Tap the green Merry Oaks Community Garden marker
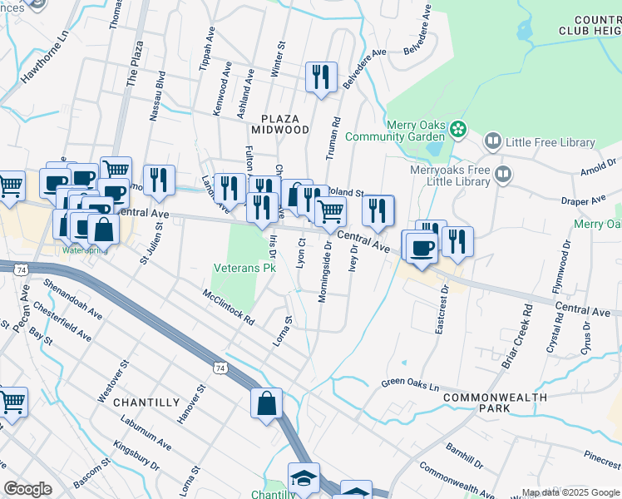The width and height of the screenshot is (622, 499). point(457,129)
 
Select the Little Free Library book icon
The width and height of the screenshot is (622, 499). point(493,143)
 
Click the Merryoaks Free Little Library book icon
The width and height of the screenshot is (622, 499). point(502,175)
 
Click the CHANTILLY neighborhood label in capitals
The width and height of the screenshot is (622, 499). point(146,403)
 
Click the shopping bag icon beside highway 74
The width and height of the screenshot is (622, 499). point(265,403)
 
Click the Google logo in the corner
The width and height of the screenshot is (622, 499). point(27,489)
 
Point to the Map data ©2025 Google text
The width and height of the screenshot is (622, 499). point(570,492)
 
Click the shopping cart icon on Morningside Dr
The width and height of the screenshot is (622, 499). point(331,213)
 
